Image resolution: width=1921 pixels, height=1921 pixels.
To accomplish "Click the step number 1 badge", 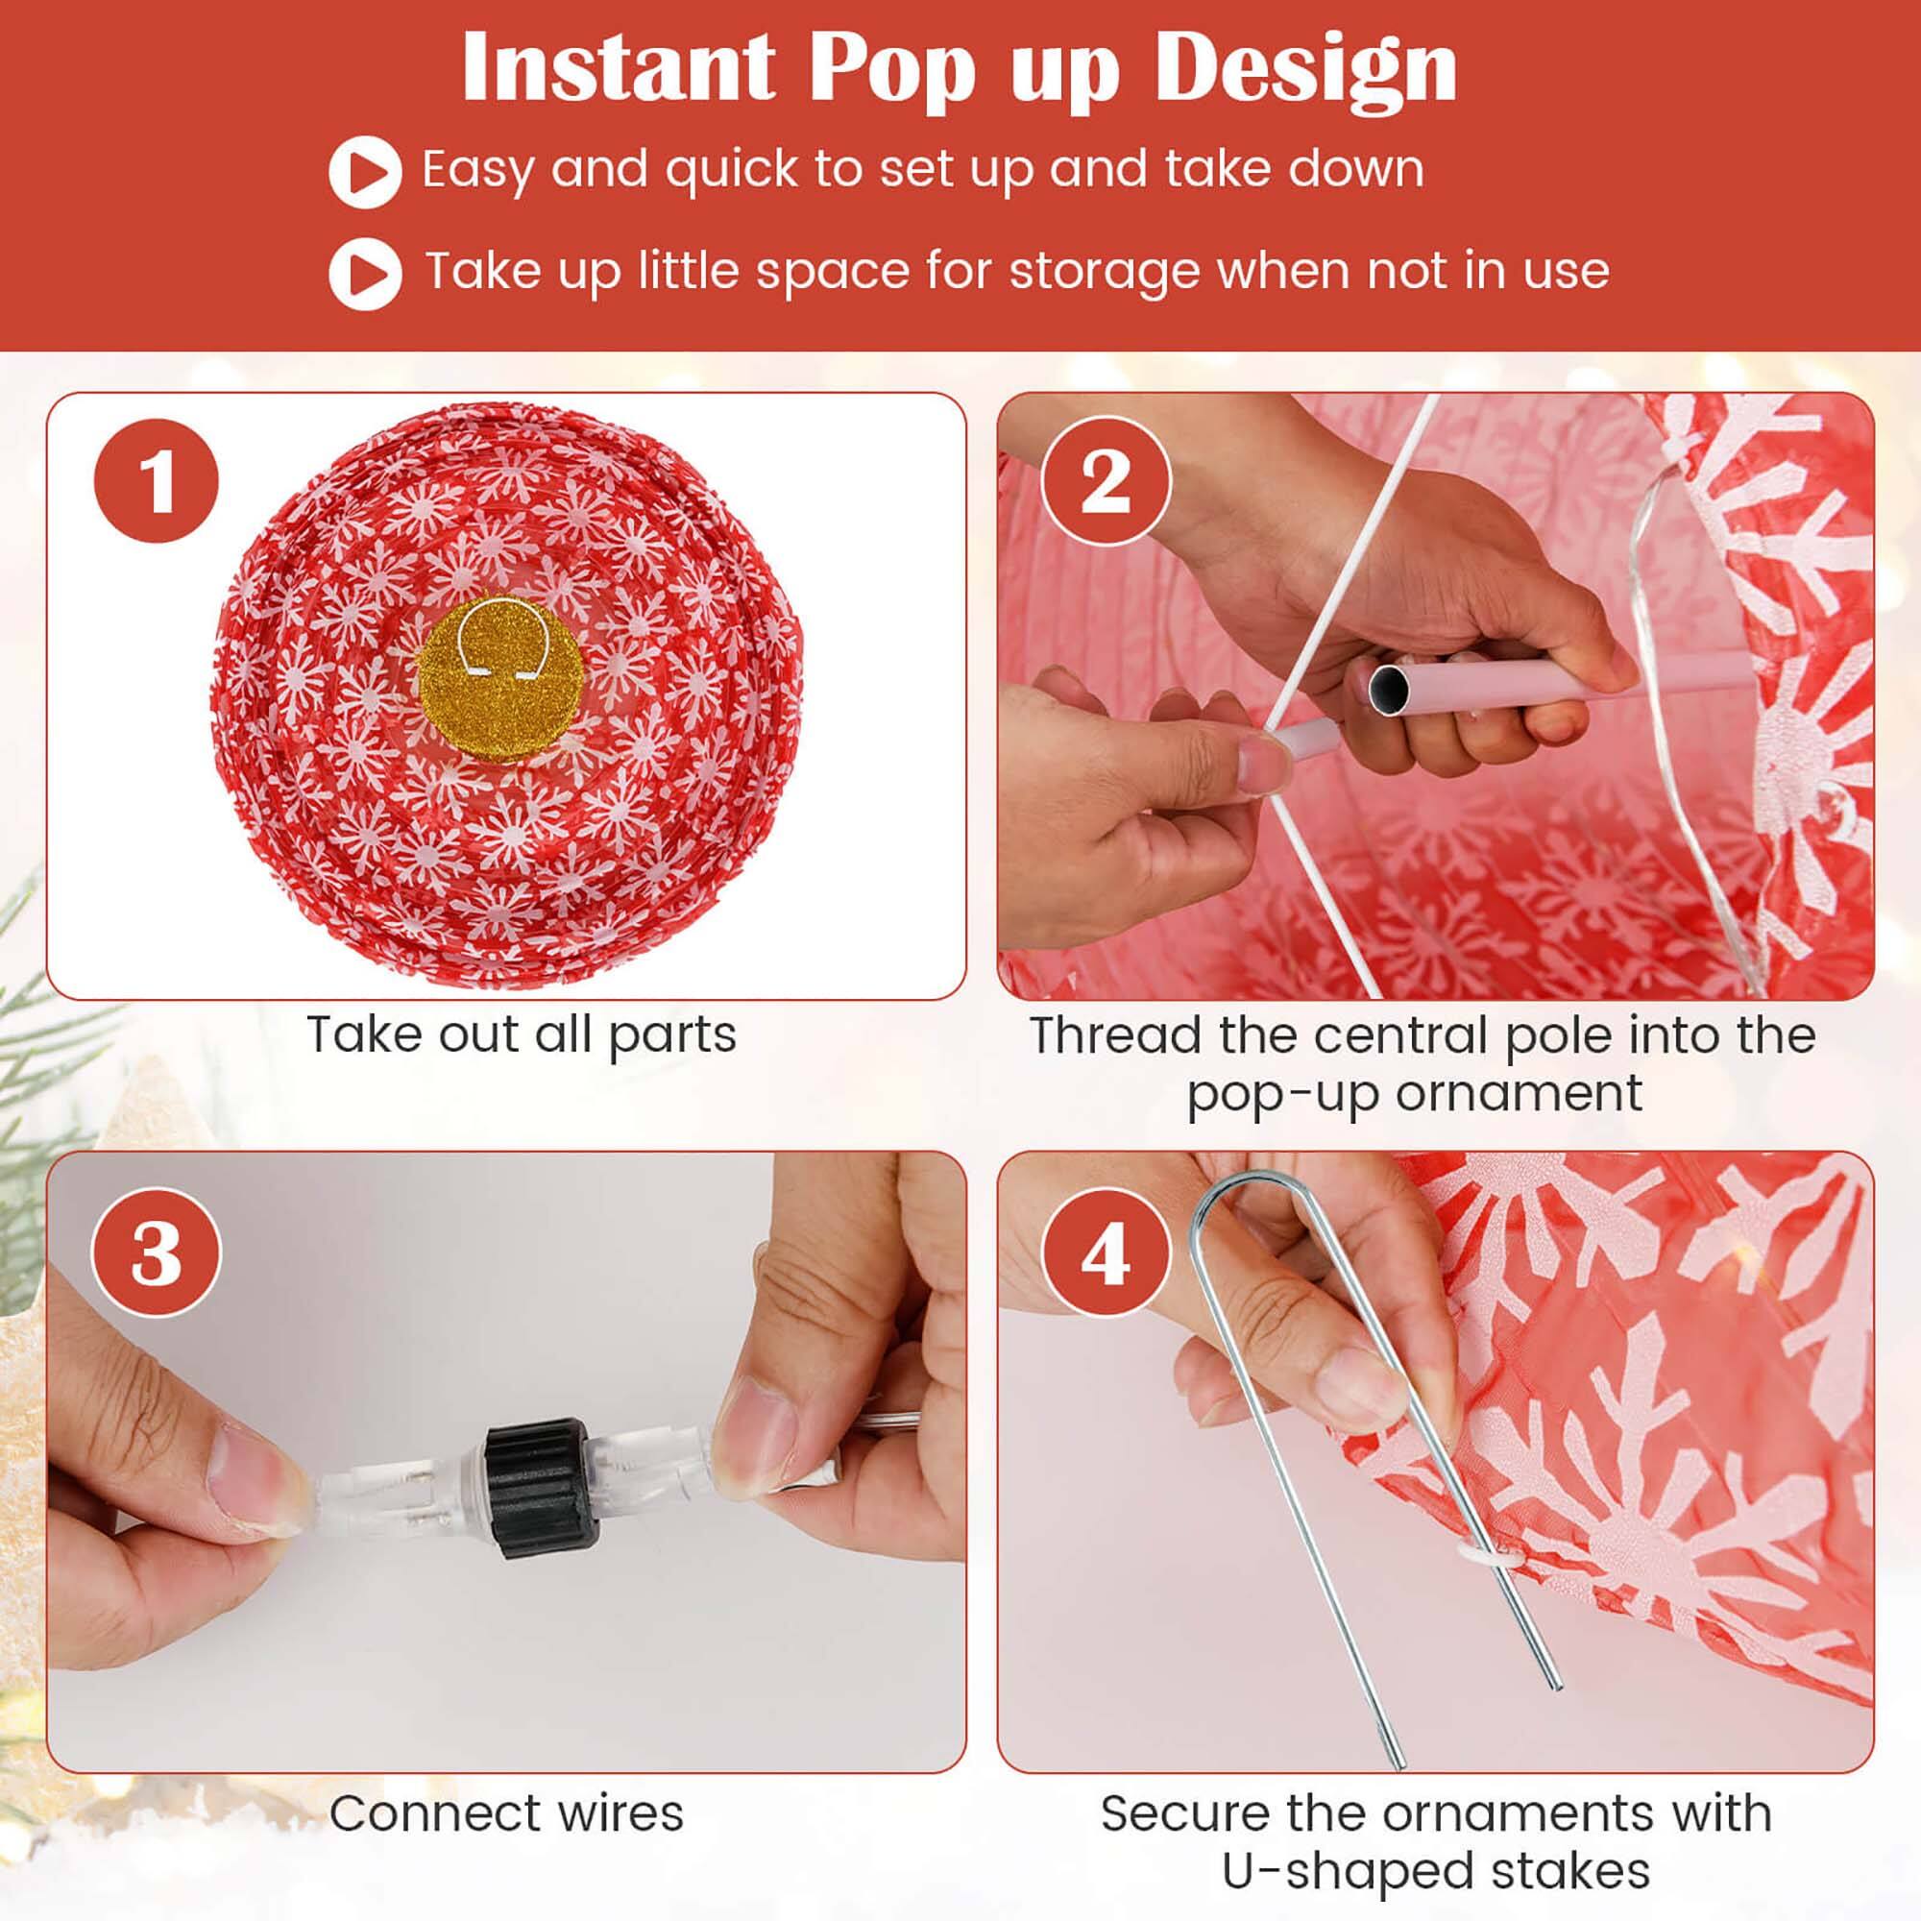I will coord(157,481).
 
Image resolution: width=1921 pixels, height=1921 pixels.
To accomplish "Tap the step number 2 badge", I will coord(1106,481).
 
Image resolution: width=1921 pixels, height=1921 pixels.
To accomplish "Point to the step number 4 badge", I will coord(1106,1254).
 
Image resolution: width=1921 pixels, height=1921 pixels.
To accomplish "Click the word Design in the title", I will coord(1305,67).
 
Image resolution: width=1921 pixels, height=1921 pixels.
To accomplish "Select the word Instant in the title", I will coord(618,67).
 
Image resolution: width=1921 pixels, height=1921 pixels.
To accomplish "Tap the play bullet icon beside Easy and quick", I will coord(365,172).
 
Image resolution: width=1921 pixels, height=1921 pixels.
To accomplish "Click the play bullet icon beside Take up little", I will coord(365,274).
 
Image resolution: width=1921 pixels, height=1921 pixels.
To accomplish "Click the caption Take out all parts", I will coord(521,1035).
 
